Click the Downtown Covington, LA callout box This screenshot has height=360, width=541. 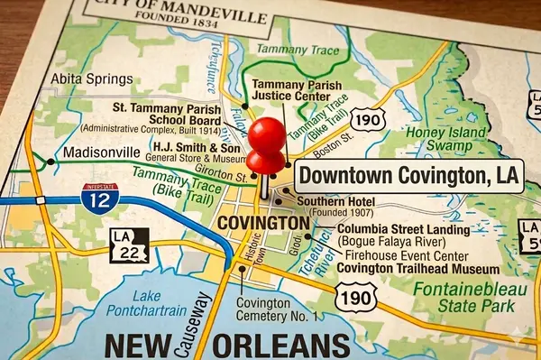point(408,175)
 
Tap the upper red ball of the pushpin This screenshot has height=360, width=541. point(267,135)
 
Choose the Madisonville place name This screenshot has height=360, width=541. point(102,152)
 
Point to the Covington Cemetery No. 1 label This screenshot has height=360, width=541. point(277,309)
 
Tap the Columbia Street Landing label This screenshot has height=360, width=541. point(403,230)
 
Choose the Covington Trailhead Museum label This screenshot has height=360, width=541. point(418,269)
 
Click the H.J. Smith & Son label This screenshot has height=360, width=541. point(197,146)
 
